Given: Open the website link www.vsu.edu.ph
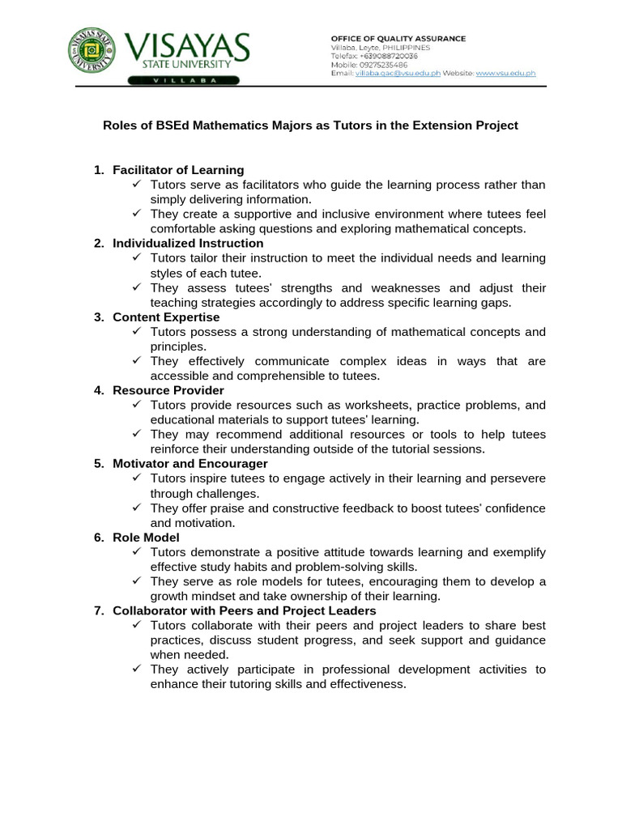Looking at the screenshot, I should pyautogui.click(x=505, y=73).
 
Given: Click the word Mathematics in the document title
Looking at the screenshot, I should pyautogui.click(x=213, y=125).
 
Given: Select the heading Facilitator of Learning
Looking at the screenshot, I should pyautogui.click(x=178, y=170).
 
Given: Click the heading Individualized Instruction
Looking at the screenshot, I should pyautogui.click(x=188, y=243).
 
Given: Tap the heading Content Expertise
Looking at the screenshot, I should pyautogui.click(x=166, y=317).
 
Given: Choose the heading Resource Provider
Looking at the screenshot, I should pyautogui.click(x=168, y=390).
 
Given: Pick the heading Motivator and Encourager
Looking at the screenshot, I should pyautogui.click(x=190, y=464).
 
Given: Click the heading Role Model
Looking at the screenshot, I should pyautogui.click(x=147, y=538).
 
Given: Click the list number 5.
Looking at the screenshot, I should pyautogui.click(x=99, y=464).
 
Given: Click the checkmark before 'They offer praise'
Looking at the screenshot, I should pyautogui.click(x=137, y=508).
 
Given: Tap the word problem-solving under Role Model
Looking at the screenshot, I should pyautogui.click(x=333, y=567).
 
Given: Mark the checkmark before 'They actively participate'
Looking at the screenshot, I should pyautogui.click(x=137, y=669).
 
